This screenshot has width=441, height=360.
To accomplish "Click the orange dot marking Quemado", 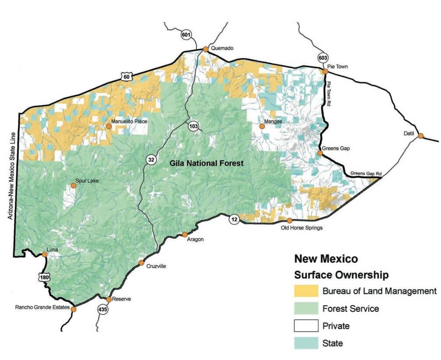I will pos(205,49).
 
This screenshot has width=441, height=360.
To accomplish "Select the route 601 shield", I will pos(186,34).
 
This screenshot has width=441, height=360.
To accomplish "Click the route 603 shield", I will pos(323,58).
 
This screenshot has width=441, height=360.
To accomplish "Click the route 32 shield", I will pos(151,160).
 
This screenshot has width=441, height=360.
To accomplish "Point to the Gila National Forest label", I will pos(206,163).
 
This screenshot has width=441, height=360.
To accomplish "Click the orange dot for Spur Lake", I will pos(74,186).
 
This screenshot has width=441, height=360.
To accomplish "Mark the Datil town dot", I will pos(420,136).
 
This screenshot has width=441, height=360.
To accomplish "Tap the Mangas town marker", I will pos(262,126).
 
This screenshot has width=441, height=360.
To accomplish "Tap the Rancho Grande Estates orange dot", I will pos(74,309).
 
